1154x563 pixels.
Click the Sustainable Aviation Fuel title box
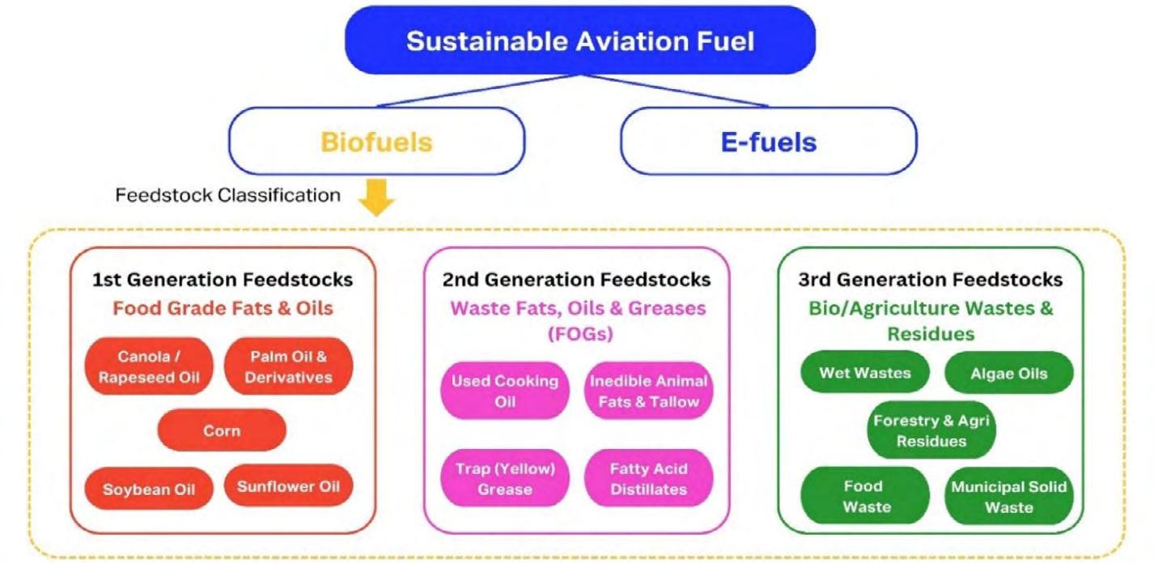(580, 40)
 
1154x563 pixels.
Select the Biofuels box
(376, 141)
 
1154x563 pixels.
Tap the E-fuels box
(769, 141)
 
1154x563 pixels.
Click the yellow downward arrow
(376, 198)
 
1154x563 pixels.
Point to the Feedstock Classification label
(227, 195)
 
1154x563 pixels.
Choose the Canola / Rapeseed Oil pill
(149, 366)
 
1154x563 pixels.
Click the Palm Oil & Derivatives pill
(288, 366)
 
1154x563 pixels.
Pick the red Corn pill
(222, 430)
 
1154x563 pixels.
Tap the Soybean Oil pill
(149, 489)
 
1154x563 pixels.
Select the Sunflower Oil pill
(288, 485)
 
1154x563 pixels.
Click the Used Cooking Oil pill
(505, 391)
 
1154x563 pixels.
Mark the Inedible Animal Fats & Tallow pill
(648, 391)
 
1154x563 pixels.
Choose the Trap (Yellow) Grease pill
(505, 478)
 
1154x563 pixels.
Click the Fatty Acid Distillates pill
(648, 478)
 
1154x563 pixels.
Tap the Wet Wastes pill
(865, 372)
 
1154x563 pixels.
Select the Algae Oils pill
(1008, 373)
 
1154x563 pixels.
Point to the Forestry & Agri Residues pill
(931, 430)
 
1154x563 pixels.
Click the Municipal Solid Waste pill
(1008, 496)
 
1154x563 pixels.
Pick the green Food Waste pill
(865, 496)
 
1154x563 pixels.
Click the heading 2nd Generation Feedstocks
(576, 279)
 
